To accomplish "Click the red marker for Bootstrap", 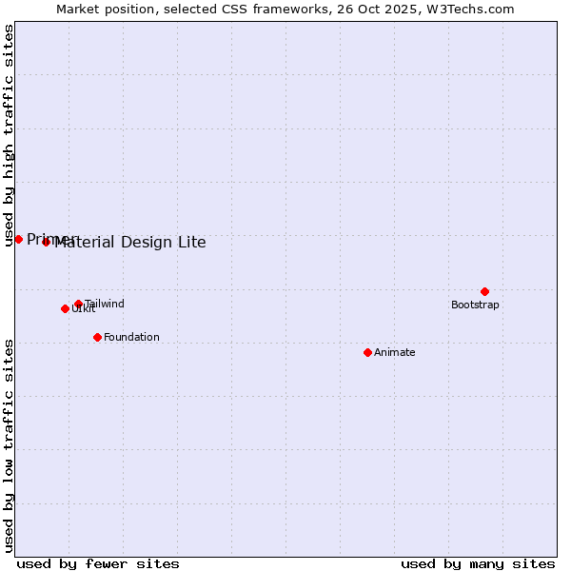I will (484, 291).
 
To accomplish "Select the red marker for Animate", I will (367, 352).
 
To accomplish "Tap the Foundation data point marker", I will (97, 337).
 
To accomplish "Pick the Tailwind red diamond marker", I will (78, 304).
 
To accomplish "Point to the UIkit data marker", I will (65, 308).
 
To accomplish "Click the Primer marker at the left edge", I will (18, 239).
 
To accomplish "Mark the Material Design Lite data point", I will (46, 242).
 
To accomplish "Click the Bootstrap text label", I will (475, 305).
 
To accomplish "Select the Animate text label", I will (394, 352).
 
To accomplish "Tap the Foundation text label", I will (131, 337).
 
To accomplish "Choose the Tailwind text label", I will (105, 304).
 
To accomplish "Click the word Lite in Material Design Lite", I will (190, 242).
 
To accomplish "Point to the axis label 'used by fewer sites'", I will (98, 563).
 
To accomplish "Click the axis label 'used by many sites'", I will (478, 563).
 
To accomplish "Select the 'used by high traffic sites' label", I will (10, 135).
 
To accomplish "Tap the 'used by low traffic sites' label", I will (10, 445).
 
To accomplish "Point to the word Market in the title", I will (77, 10).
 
